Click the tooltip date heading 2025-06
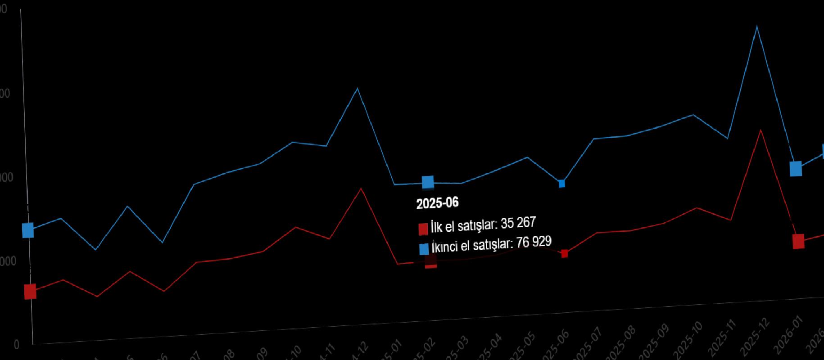[x=437, y=203]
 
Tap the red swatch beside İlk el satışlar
[x=423, y=229]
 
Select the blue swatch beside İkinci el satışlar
[x=424, y=249]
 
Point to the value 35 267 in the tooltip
[x=518, y=223]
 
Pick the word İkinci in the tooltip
[x=445, y=247]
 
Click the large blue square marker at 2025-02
[x=428, y=182]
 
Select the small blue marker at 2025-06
[x=562, y=184]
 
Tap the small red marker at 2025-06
[x=565, y=254]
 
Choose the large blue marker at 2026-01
[x=796, y=169]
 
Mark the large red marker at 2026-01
[x=798, y=241]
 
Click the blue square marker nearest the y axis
[x=28, y=230]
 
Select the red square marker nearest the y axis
[x=30, y=292]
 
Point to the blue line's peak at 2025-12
[x=757, y=27]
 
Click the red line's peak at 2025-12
[x=761, y=130]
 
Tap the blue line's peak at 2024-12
[x=358, y=88]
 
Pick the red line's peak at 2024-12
[x=361, y=188]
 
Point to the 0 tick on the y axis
[x=17, y=345]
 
